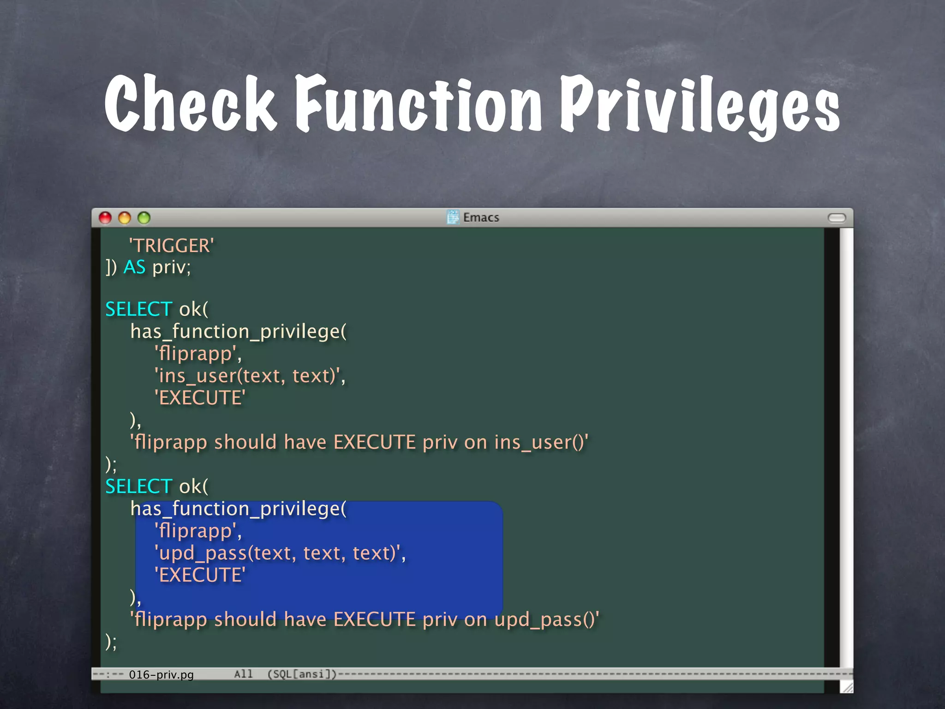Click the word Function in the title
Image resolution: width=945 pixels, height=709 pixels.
pyautogui.click(x=418, y=103)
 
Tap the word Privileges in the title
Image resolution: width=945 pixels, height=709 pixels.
pyautogui.click(x=699, y=106)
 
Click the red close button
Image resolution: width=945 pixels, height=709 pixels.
pyautogui.click(x=105, y=218)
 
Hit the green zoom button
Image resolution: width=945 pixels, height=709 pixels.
pyautogui.click(x=144, y=218)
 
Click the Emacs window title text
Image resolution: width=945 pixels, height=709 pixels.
pyautogui.click(x=481, y=217)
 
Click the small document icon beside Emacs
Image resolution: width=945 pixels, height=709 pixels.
pyautogui.click(x=453, y=217)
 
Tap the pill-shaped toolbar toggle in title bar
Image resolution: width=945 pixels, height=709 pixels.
pyautogui.click(x=837, y=218)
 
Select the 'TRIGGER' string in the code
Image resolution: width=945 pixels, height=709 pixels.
pyautogui.click(x=171, y=246)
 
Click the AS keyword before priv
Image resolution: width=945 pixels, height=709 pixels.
pyautogui.click(x=134, y=267)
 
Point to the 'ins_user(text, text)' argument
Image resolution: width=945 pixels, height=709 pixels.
pyautogui.click(x=249, y=376)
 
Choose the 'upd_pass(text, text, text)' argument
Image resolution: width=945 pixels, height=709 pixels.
pyautogui.click(x=280, y=553)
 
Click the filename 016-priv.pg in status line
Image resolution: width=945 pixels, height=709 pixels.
pyautogui.click(x=161, y=675)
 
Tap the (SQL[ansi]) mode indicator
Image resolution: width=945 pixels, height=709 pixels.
pyautogui.click(x=302, y=674)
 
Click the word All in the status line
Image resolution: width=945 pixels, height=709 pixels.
pyautogui.click(x=243, y=674)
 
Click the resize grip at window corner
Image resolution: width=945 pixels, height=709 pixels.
pyautogui.click(x=847, y=687)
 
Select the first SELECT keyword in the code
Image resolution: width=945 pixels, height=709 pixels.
pyautogui.click(x=138, y=309)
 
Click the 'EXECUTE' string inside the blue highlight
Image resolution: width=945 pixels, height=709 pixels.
pyautogui.click(x=200, y=575)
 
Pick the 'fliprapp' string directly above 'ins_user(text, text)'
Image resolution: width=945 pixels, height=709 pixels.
pyautogui.click(x=197, y=354)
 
